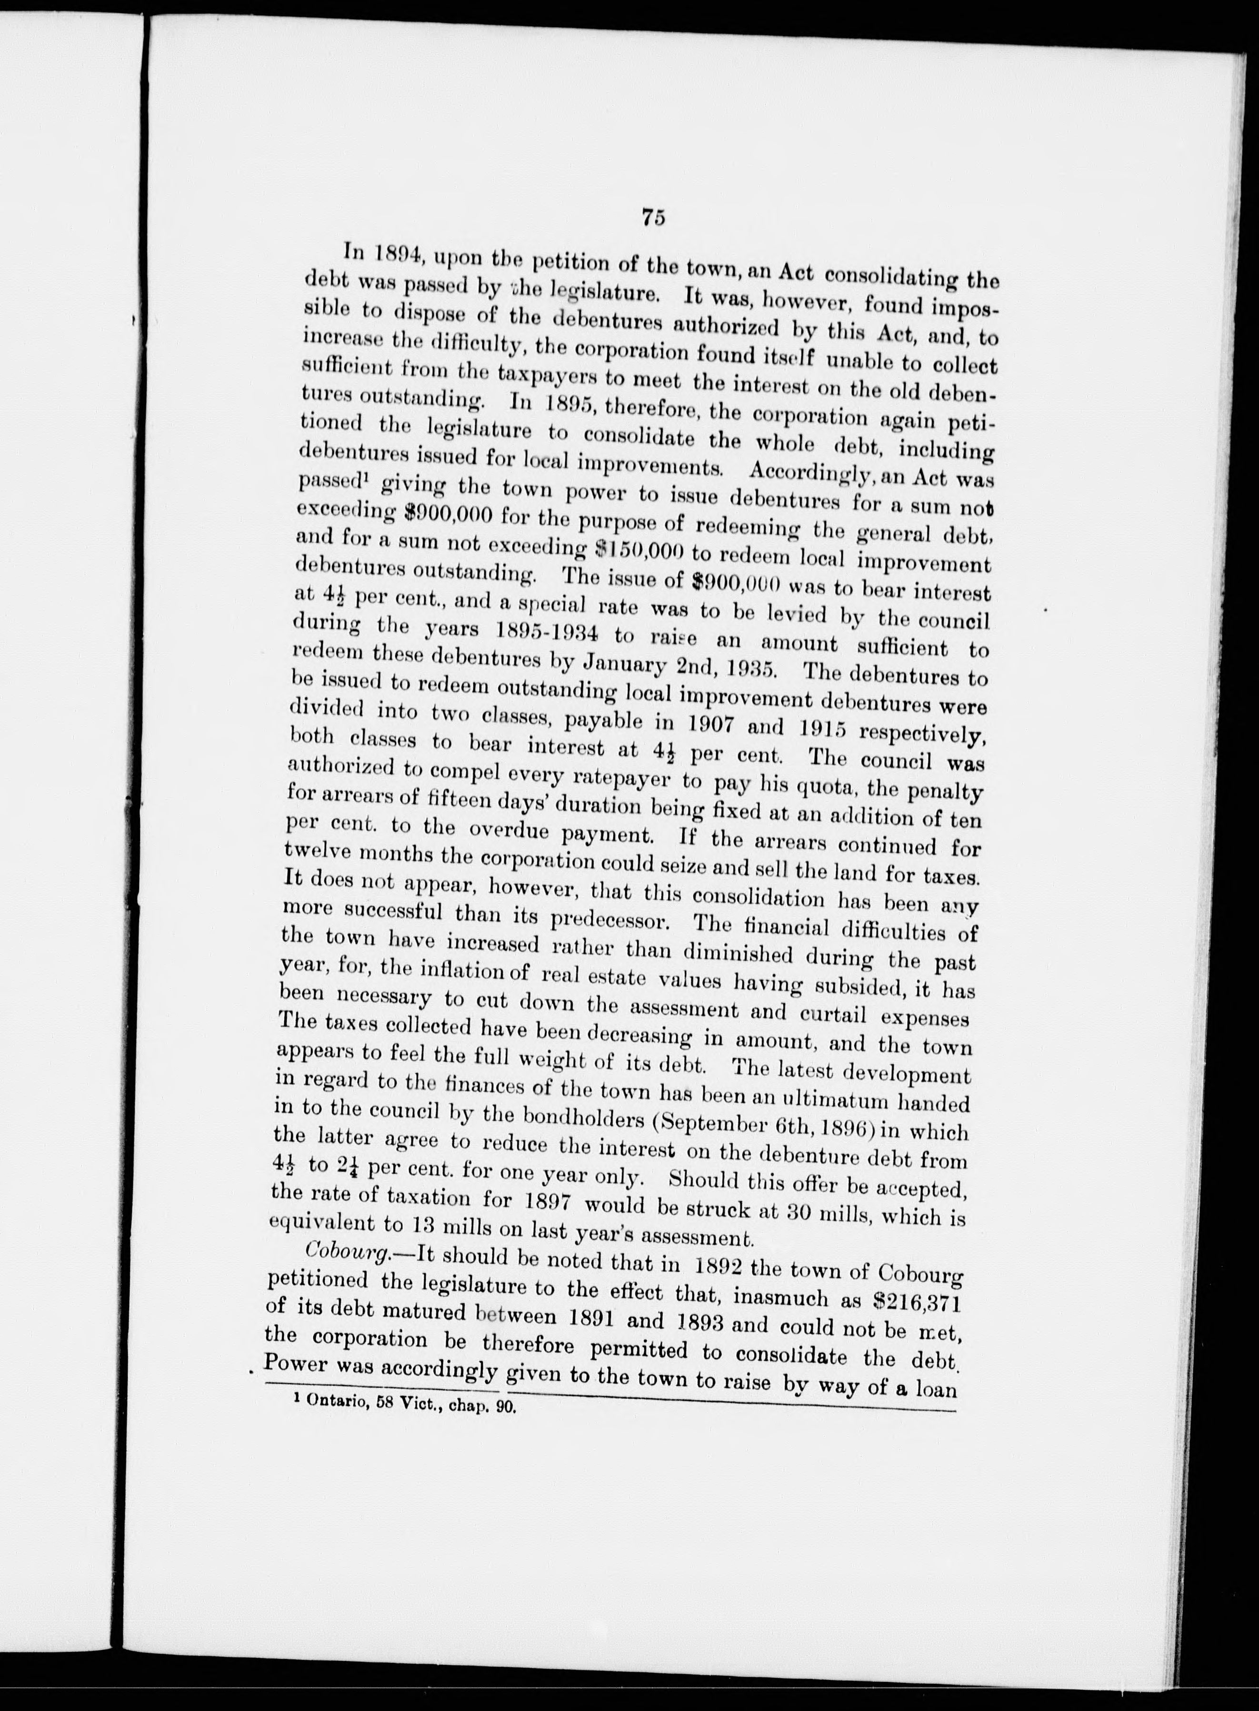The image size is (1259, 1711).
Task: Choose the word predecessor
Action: point(609,921)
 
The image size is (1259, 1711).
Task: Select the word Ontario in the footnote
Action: point(335,1407)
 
